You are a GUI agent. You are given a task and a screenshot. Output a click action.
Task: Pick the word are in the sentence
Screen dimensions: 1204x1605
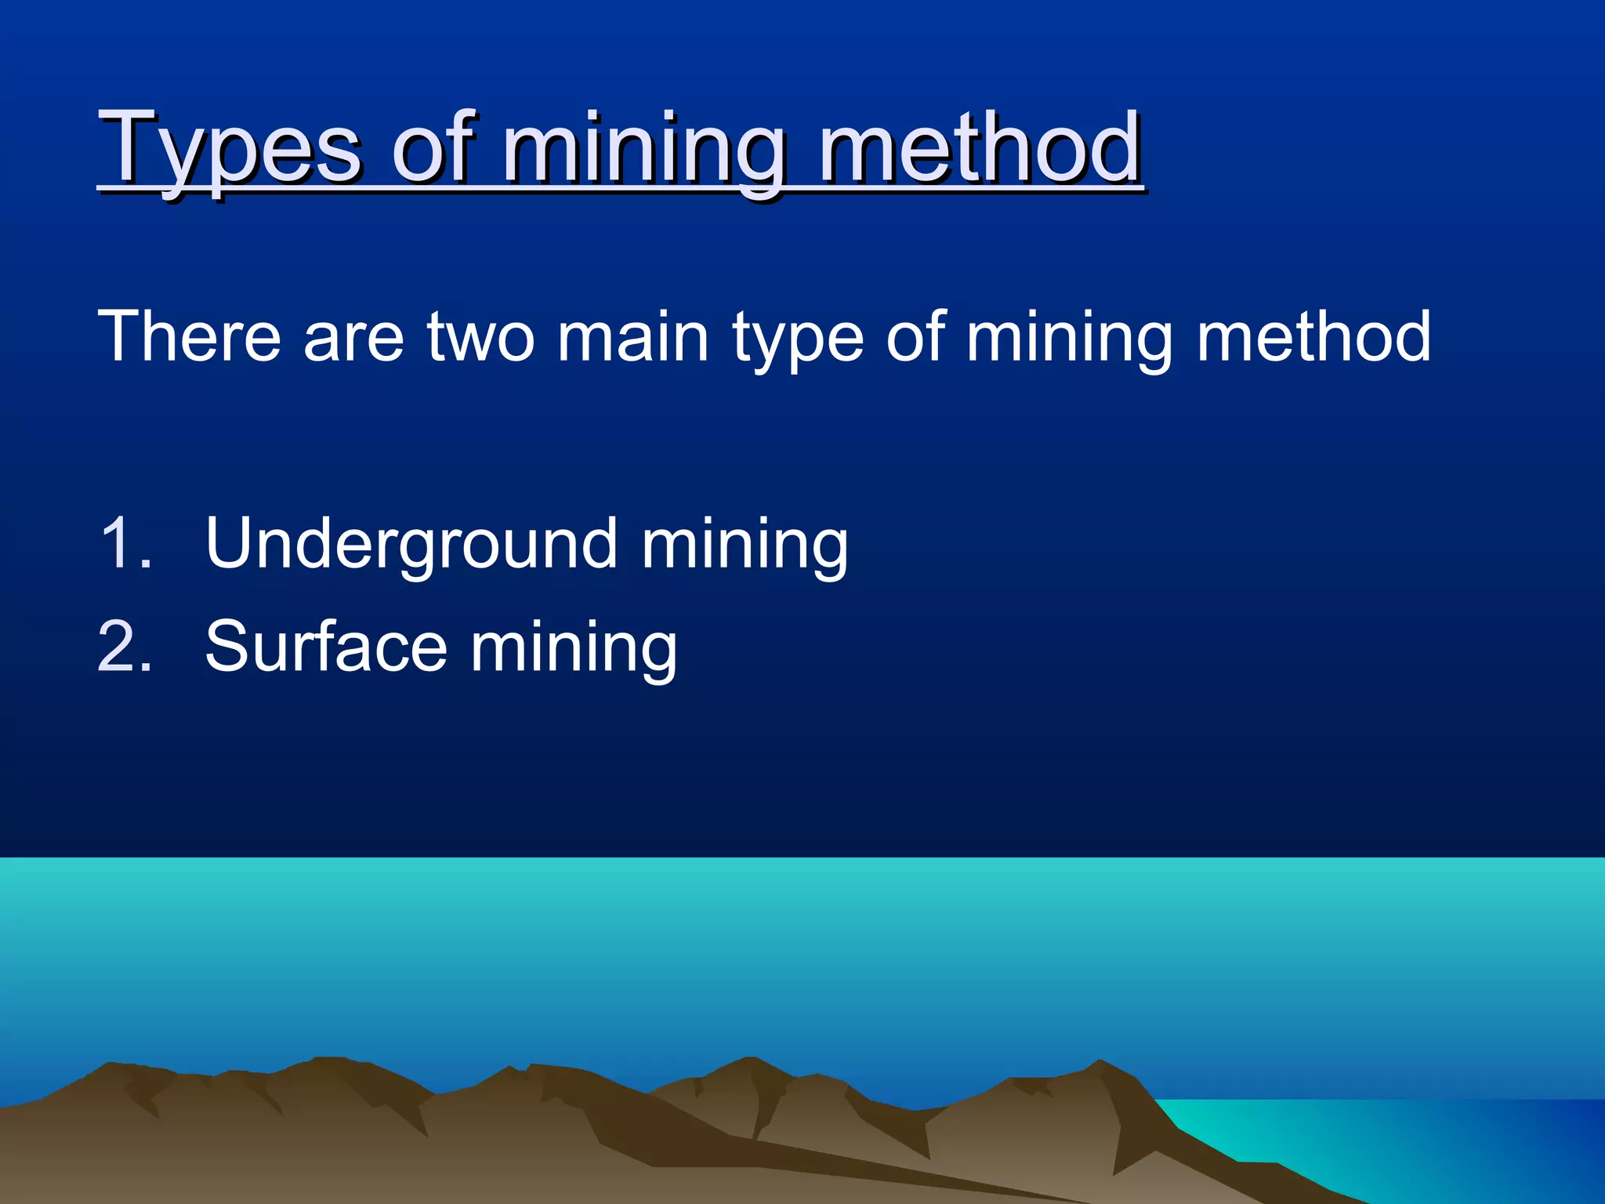pos(353,339)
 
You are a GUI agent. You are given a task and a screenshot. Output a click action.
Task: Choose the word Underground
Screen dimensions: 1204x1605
pos(411,544)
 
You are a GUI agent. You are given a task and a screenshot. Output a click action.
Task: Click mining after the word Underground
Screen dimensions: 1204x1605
pos(745,546)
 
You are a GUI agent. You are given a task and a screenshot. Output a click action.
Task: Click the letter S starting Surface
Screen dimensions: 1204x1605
pos(226,646)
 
